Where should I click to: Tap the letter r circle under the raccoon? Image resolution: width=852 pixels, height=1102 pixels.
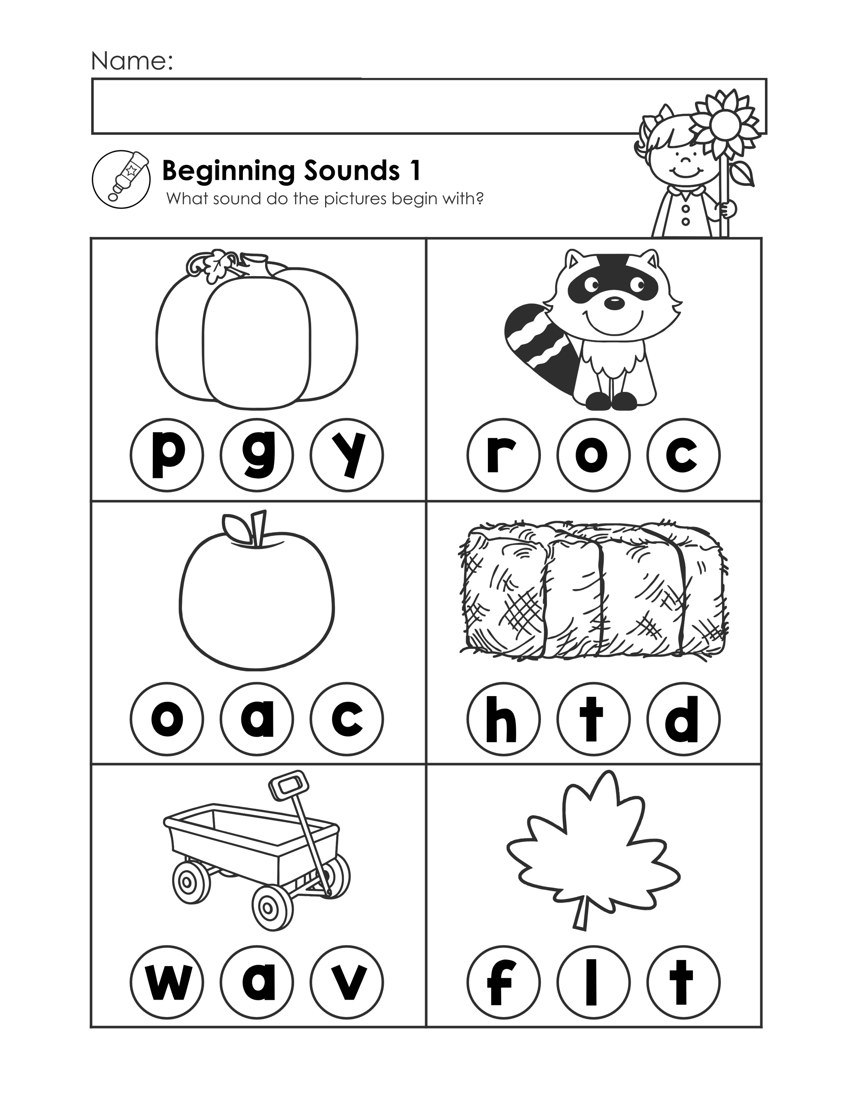504,455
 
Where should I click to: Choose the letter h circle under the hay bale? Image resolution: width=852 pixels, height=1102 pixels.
504,719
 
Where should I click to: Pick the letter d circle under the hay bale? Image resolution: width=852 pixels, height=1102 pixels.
684,719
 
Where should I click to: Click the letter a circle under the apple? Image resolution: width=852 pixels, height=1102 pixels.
257,719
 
